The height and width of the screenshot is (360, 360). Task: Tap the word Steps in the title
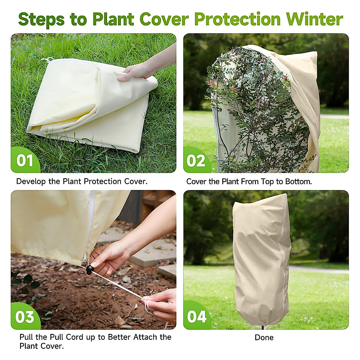tap(41, 19)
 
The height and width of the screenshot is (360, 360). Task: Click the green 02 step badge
tap(196, 160)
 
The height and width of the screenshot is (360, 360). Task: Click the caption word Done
tap(264, 337)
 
